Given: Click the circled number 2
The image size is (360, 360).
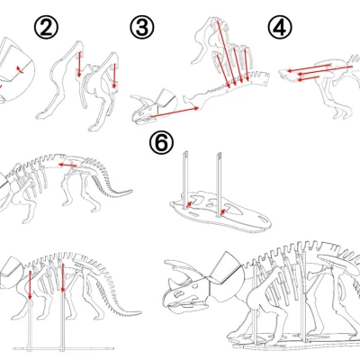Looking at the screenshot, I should (x=48, y=27).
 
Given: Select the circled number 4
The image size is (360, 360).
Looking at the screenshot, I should (x=280, y=27).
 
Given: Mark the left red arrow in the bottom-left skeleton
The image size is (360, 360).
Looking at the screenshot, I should (x=29, y=287).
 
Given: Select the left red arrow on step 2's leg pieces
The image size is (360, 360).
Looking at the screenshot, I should (x=79, y=66).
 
